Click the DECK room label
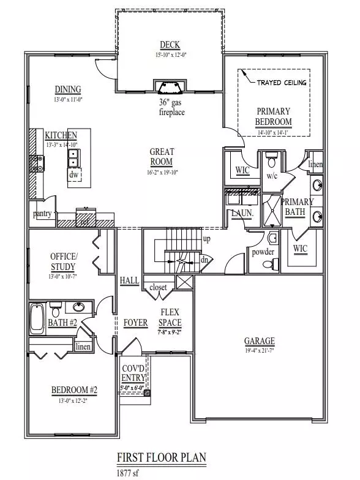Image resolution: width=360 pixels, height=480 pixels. (170, 45)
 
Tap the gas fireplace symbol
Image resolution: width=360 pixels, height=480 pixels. (168, 85)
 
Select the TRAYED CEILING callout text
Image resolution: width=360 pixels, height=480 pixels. (282, 83)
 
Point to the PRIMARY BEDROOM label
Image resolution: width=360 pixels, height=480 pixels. (272, 116)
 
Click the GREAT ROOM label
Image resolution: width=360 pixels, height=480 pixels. (162, 157)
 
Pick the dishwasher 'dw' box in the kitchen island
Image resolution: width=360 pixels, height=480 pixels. (74, 174)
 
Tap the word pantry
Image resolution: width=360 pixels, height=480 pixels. (42, 214)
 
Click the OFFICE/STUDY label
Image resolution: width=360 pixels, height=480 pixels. (63, 261)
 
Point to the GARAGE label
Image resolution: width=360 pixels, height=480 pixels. (259, 341)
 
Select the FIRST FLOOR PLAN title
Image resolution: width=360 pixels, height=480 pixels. (161, 457)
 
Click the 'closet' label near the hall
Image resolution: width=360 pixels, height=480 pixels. (158, 287)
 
